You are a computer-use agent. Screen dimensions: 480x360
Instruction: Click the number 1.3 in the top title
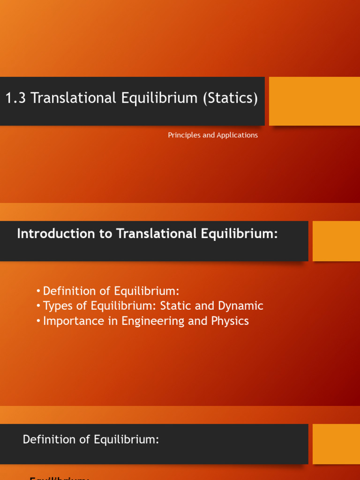[15, 98]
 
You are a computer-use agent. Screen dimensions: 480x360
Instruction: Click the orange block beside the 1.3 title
[314, 101]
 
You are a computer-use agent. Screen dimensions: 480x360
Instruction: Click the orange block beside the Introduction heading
[336, 241]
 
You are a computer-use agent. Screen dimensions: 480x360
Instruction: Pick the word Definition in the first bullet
[66, 291]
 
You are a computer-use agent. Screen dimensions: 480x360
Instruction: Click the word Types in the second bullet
[57, 306]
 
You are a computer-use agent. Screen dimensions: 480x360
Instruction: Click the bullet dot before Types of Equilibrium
[38, 307]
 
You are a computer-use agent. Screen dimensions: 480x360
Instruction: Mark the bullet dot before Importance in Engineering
[38, 322]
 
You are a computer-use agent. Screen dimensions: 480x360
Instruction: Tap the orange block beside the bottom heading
[336, 444]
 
